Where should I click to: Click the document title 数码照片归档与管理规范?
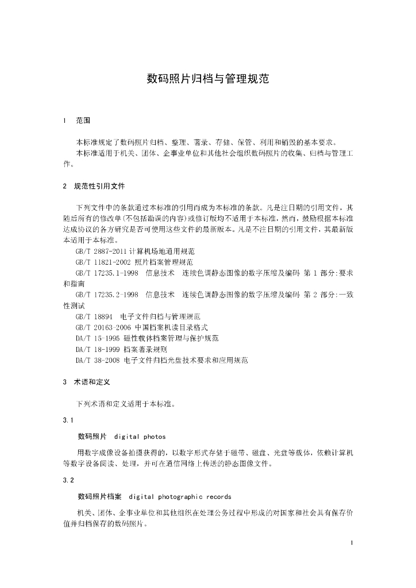207,79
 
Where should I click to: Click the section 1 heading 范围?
83,121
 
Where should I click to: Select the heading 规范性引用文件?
99,186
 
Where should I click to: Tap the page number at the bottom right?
351,542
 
